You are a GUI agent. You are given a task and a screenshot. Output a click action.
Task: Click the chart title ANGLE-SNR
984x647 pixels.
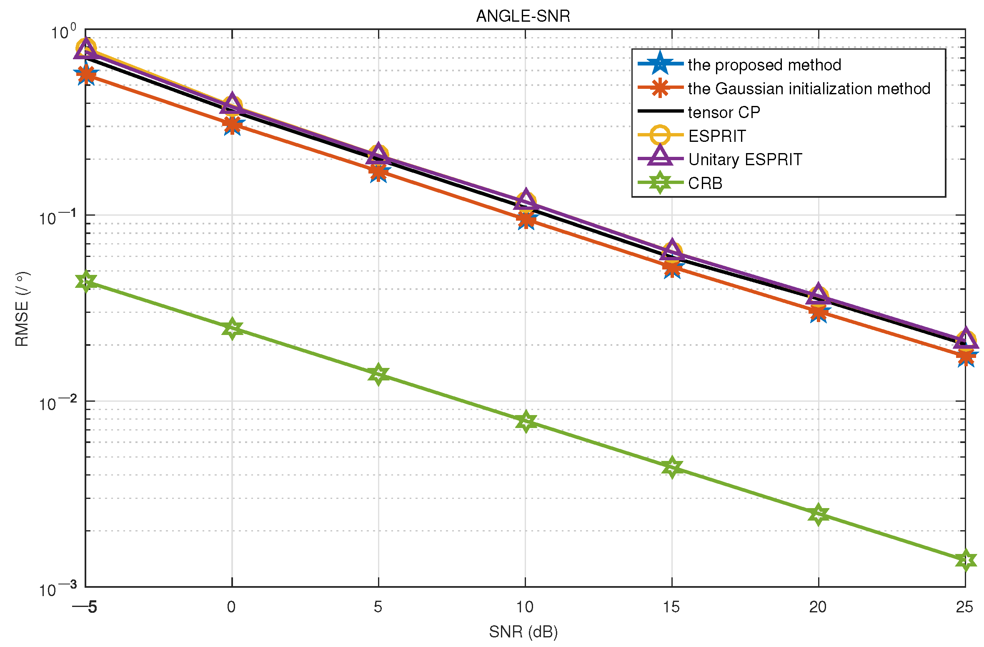[x=523, y=16]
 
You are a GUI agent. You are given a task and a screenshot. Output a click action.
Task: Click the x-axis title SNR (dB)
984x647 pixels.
[x=523, y=632]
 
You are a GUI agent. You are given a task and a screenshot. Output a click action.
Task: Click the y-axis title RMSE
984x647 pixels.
[x=22, y=309]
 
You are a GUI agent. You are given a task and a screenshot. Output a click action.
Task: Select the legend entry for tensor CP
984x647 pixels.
[x=724, y=112]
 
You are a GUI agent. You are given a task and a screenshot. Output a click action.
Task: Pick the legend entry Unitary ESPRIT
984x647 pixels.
[x=745, y=159]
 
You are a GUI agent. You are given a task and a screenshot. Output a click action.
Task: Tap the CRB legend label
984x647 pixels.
[x=705, y=183]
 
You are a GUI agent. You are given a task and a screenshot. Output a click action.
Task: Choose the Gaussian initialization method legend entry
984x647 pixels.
[x=809, y=88]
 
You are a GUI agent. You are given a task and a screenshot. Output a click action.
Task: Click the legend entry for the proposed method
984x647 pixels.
[x=764, y=65]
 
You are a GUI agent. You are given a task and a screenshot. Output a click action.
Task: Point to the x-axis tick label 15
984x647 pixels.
[x=671, y=607]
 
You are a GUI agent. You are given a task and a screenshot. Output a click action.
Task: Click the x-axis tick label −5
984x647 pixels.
[x=85, y=607]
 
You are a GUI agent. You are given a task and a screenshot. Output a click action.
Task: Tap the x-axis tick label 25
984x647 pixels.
[x=964, y=607]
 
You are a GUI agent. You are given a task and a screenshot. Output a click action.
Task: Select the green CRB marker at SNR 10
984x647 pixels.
[x=526, y=422]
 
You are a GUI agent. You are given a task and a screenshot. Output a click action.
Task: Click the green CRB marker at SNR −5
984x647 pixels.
[x=86, y=282]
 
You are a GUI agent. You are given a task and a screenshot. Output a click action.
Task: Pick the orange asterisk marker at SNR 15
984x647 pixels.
[x=672, y=268]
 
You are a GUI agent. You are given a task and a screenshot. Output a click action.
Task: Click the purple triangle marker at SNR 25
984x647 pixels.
[x=965, y=339]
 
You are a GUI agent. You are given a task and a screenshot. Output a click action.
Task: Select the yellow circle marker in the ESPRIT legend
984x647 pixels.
[x=660, y=135]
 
